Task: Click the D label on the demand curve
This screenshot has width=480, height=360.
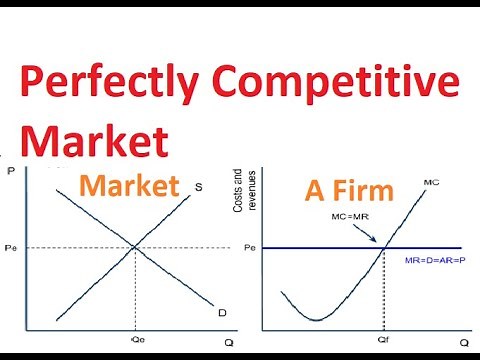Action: coord(221,313)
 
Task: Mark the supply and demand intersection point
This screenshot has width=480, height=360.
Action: coord(134,247)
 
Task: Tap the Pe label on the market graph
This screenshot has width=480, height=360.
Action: coord(11,247)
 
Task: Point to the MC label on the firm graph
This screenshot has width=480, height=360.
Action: coord(432,182)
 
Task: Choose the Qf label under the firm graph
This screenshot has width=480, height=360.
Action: coord(384,338)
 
